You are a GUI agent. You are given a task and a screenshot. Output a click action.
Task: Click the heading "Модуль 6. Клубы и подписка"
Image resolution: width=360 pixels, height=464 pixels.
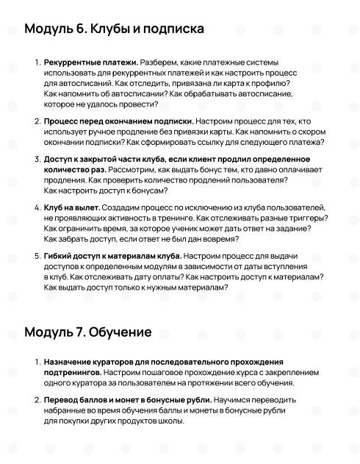tap(114, 29)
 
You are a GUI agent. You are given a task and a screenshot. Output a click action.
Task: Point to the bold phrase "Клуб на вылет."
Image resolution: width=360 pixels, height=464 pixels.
tap(71, 208)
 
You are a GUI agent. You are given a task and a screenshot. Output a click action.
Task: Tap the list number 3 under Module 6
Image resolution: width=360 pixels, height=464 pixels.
tap(37, 159)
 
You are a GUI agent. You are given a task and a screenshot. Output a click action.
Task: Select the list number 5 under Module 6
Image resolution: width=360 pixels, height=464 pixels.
tap(37, 255)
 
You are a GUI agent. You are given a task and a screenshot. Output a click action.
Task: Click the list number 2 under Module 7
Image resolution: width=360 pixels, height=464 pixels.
tap(37, 400)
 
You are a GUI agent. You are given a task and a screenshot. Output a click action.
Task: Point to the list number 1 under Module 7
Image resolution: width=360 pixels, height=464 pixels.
tap(37, 363)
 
